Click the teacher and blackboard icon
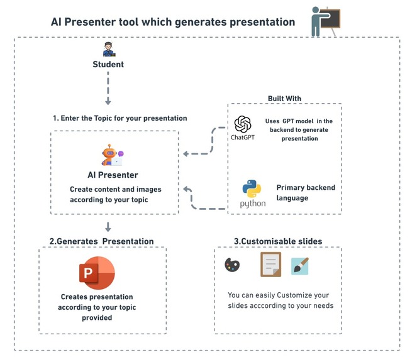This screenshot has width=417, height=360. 325,21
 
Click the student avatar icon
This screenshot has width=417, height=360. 108,50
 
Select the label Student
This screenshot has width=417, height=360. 108,64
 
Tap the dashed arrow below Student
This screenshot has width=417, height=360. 108,88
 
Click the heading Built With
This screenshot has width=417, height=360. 284,99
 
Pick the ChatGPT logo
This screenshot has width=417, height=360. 242,124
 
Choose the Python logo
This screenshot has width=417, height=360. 252,190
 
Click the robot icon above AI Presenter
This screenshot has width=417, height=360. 111,155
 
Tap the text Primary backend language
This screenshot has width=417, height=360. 306,192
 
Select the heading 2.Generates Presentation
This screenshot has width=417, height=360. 101,241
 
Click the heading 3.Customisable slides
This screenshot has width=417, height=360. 277,241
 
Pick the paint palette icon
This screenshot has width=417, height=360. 232,265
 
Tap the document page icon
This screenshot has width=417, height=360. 270,265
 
